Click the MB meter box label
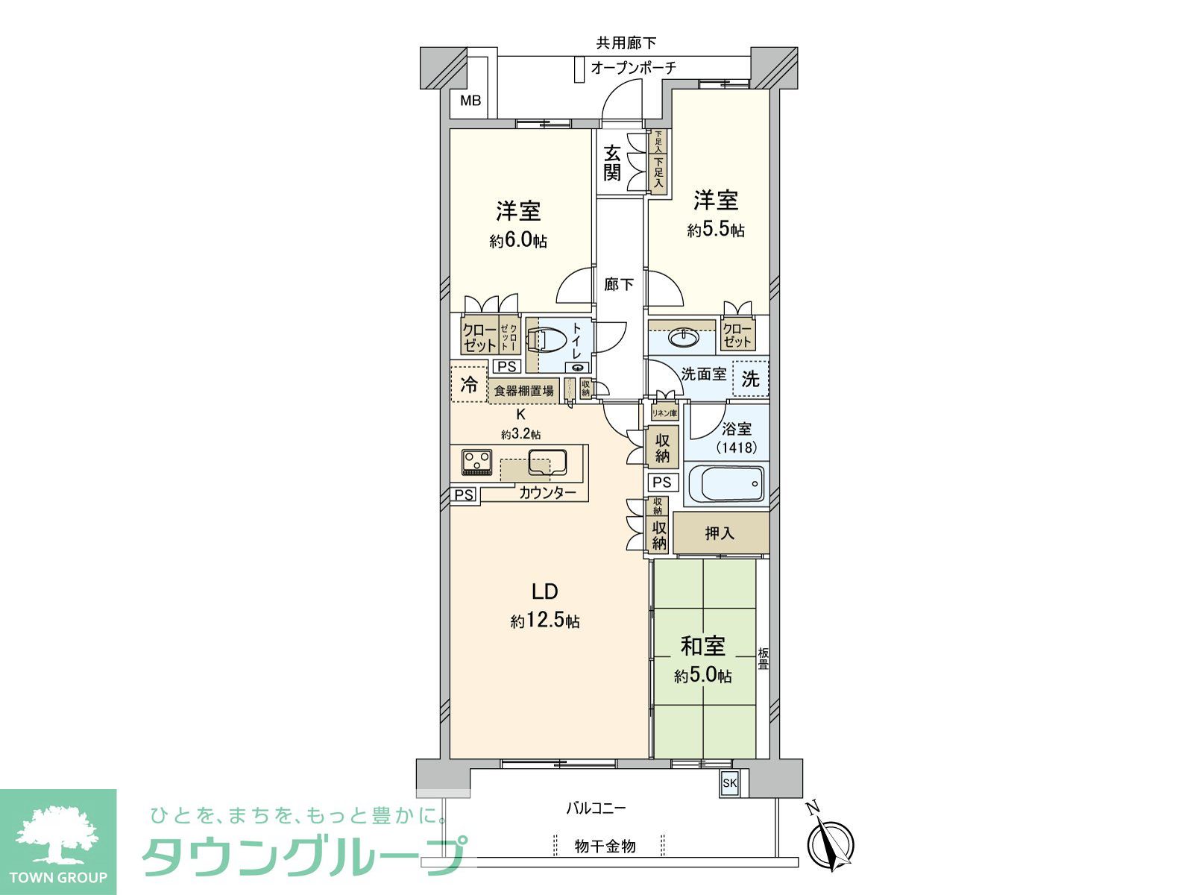click(470, 101)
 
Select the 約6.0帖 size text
click(518, 241)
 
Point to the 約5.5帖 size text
click(715, 230)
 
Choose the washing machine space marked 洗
click(750, 379)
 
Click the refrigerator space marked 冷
click(469, 385)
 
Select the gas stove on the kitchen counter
click(476, 462)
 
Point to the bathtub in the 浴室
click(726, 483)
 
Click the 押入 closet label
click(720, 533)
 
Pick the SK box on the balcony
click(729, 783)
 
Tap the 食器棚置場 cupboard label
click(524, 390)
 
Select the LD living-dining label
click(544, 591)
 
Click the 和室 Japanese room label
click(702, 646)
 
